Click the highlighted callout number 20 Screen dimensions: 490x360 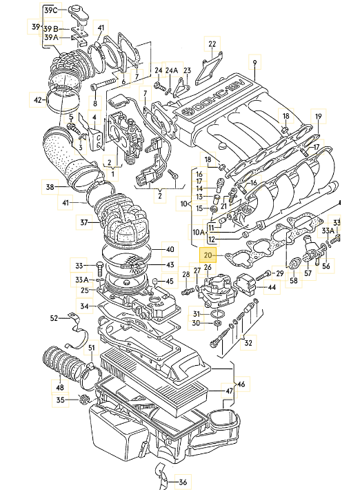[209, 256]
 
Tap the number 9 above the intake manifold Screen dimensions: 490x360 [254, 63]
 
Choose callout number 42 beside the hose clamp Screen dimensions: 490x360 [38, 99]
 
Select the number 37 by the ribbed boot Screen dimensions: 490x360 [84, 222]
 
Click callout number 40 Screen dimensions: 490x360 [170, 249]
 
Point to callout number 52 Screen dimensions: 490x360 [54, 318]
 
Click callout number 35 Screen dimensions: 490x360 [60, 400]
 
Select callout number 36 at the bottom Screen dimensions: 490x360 [183, 482]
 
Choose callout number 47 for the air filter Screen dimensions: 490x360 [230, 391]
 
